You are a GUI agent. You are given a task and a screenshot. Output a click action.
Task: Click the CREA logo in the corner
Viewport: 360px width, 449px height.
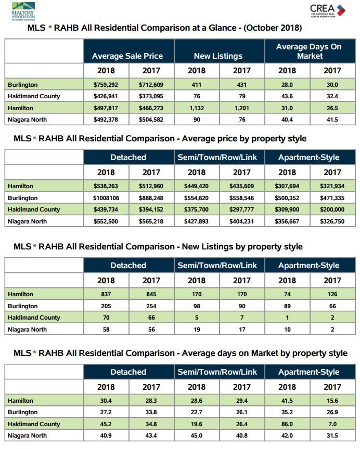328,11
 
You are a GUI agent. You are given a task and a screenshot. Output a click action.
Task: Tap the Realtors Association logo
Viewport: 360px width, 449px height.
23,11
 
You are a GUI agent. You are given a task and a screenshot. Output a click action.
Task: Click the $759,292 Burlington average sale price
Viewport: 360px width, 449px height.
106,85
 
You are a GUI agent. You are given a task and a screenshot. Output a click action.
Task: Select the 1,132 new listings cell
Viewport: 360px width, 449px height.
197,108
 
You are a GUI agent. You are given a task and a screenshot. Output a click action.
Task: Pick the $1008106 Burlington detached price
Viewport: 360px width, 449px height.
106,198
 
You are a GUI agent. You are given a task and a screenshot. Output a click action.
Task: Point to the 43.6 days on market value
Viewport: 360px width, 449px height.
287,96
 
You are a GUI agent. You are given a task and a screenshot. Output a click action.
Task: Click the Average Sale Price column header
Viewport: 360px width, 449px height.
127,56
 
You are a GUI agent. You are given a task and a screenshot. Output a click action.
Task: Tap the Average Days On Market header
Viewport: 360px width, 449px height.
309,51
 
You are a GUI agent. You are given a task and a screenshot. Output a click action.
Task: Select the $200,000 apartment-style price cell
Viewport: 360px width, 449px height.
332,209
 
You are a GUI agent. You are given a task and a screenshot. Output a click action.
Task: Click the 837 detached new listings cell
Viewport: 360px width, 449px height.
106,294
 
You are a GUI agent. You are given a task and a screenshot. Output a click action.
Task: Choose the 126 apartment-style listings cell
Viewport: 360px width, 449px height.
332,294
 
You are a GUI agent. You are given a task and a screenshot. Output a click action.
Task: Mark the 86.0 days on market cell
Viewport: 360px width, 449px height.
287,424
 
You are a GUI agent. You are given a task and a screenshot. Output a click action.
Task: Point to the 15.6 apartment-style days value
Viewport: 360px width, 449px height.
332,401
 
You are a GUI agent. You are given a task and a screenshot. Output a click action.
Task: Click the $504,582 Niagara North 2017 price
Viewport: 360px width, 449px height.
151,120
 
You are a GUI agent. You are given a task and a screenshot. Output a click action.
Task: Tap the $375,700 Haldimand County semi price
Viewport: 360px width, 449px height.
196,209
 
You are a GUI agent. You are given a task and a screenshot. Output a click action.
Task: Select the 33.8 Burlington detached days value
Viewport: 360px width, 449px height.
151,412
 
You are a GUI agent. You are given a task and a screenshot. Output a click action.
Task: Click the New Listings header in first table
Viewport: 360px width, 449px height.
218,56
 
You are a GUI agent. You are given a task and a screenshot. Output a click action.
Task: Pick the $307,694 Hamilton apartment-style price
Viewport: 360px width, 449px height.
287,186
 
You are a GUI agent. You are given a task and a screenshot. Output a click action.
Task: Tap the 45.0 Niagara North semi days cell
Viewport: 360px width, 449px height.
196,435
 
